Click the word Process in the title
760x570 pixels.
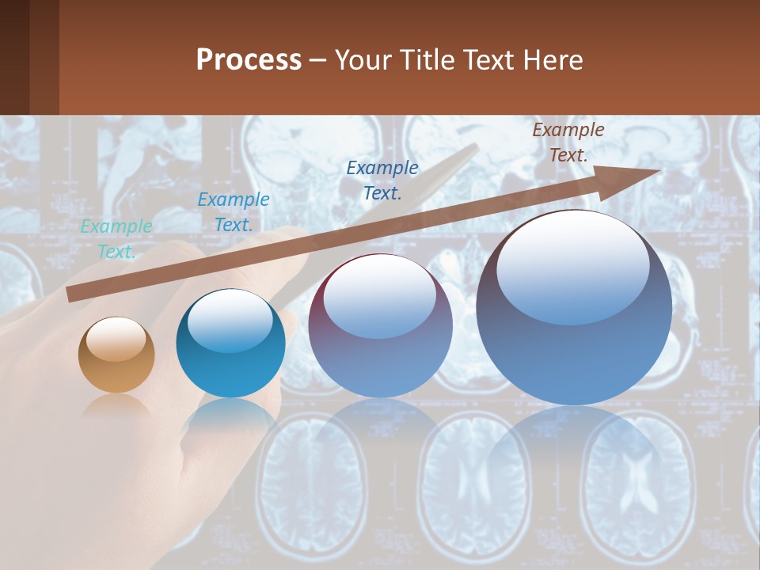249,60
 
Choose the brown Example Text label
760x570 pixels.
568,142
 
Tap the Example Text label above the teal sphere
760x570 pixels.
233,212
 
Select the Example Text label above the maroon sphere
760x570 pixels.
382,180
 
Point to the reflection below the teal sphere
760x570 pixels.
230,416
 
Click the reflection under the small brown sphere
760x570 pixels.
116,405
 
